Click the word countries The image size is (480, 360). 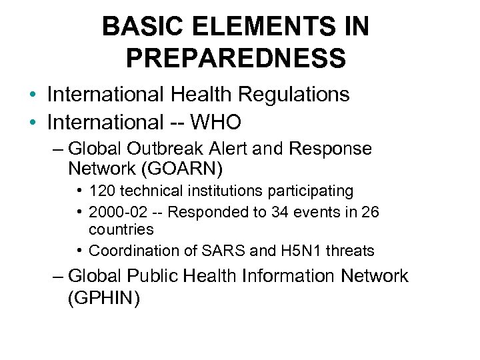click(x=121, y=229)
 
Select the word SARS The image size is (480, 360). click(x=216, y=251)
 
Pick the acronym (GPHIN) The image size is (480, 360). click(x=104, y=299)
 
